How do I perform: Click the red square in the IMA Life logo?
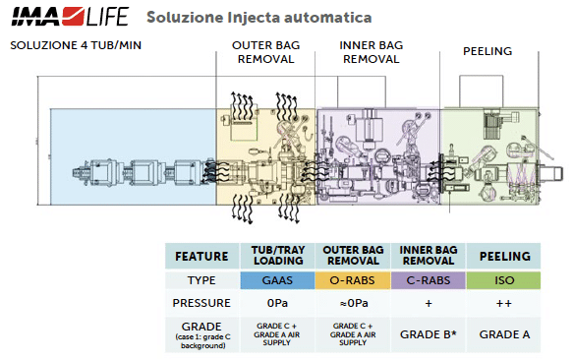(x=73, y=17)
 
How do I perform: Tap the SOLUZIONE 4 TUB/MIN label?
(x=76, y=45)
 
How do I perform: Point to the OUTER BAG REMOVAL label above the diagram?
(x=265, y=52)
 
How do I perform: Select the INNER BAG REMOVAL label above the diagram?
(x=371, y=52)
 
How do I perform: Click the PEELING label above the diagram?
(x=487, y=51)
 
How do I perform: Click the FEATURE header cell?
(x=201, y=256)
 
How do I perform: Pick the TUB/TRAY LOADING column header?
(x=278, y=256)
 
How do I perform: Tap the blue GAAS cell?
(x=277, y=280)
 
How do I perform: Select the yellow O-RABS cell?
(x=353, y=280)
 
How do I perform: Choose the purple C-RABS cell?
(x=429, y=280)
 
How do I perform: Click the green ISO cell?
(x=504, y=280)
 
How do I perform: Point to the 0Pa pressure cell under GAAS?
(x=277, y=303)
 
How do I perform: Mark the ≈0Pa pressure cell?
(x=354, y=303)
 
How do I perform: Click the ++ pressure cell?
(x=504, y=303)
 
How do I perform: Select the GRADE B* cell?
(x=429, y=334)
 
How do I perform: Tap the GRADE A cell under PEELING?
(x=504, y=334)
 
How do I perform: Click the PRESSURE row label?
(x=201, y=303)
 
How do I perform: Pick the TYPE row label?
(x=201, y=280)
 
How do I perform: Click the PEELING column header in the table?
(x=504, y=256)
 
